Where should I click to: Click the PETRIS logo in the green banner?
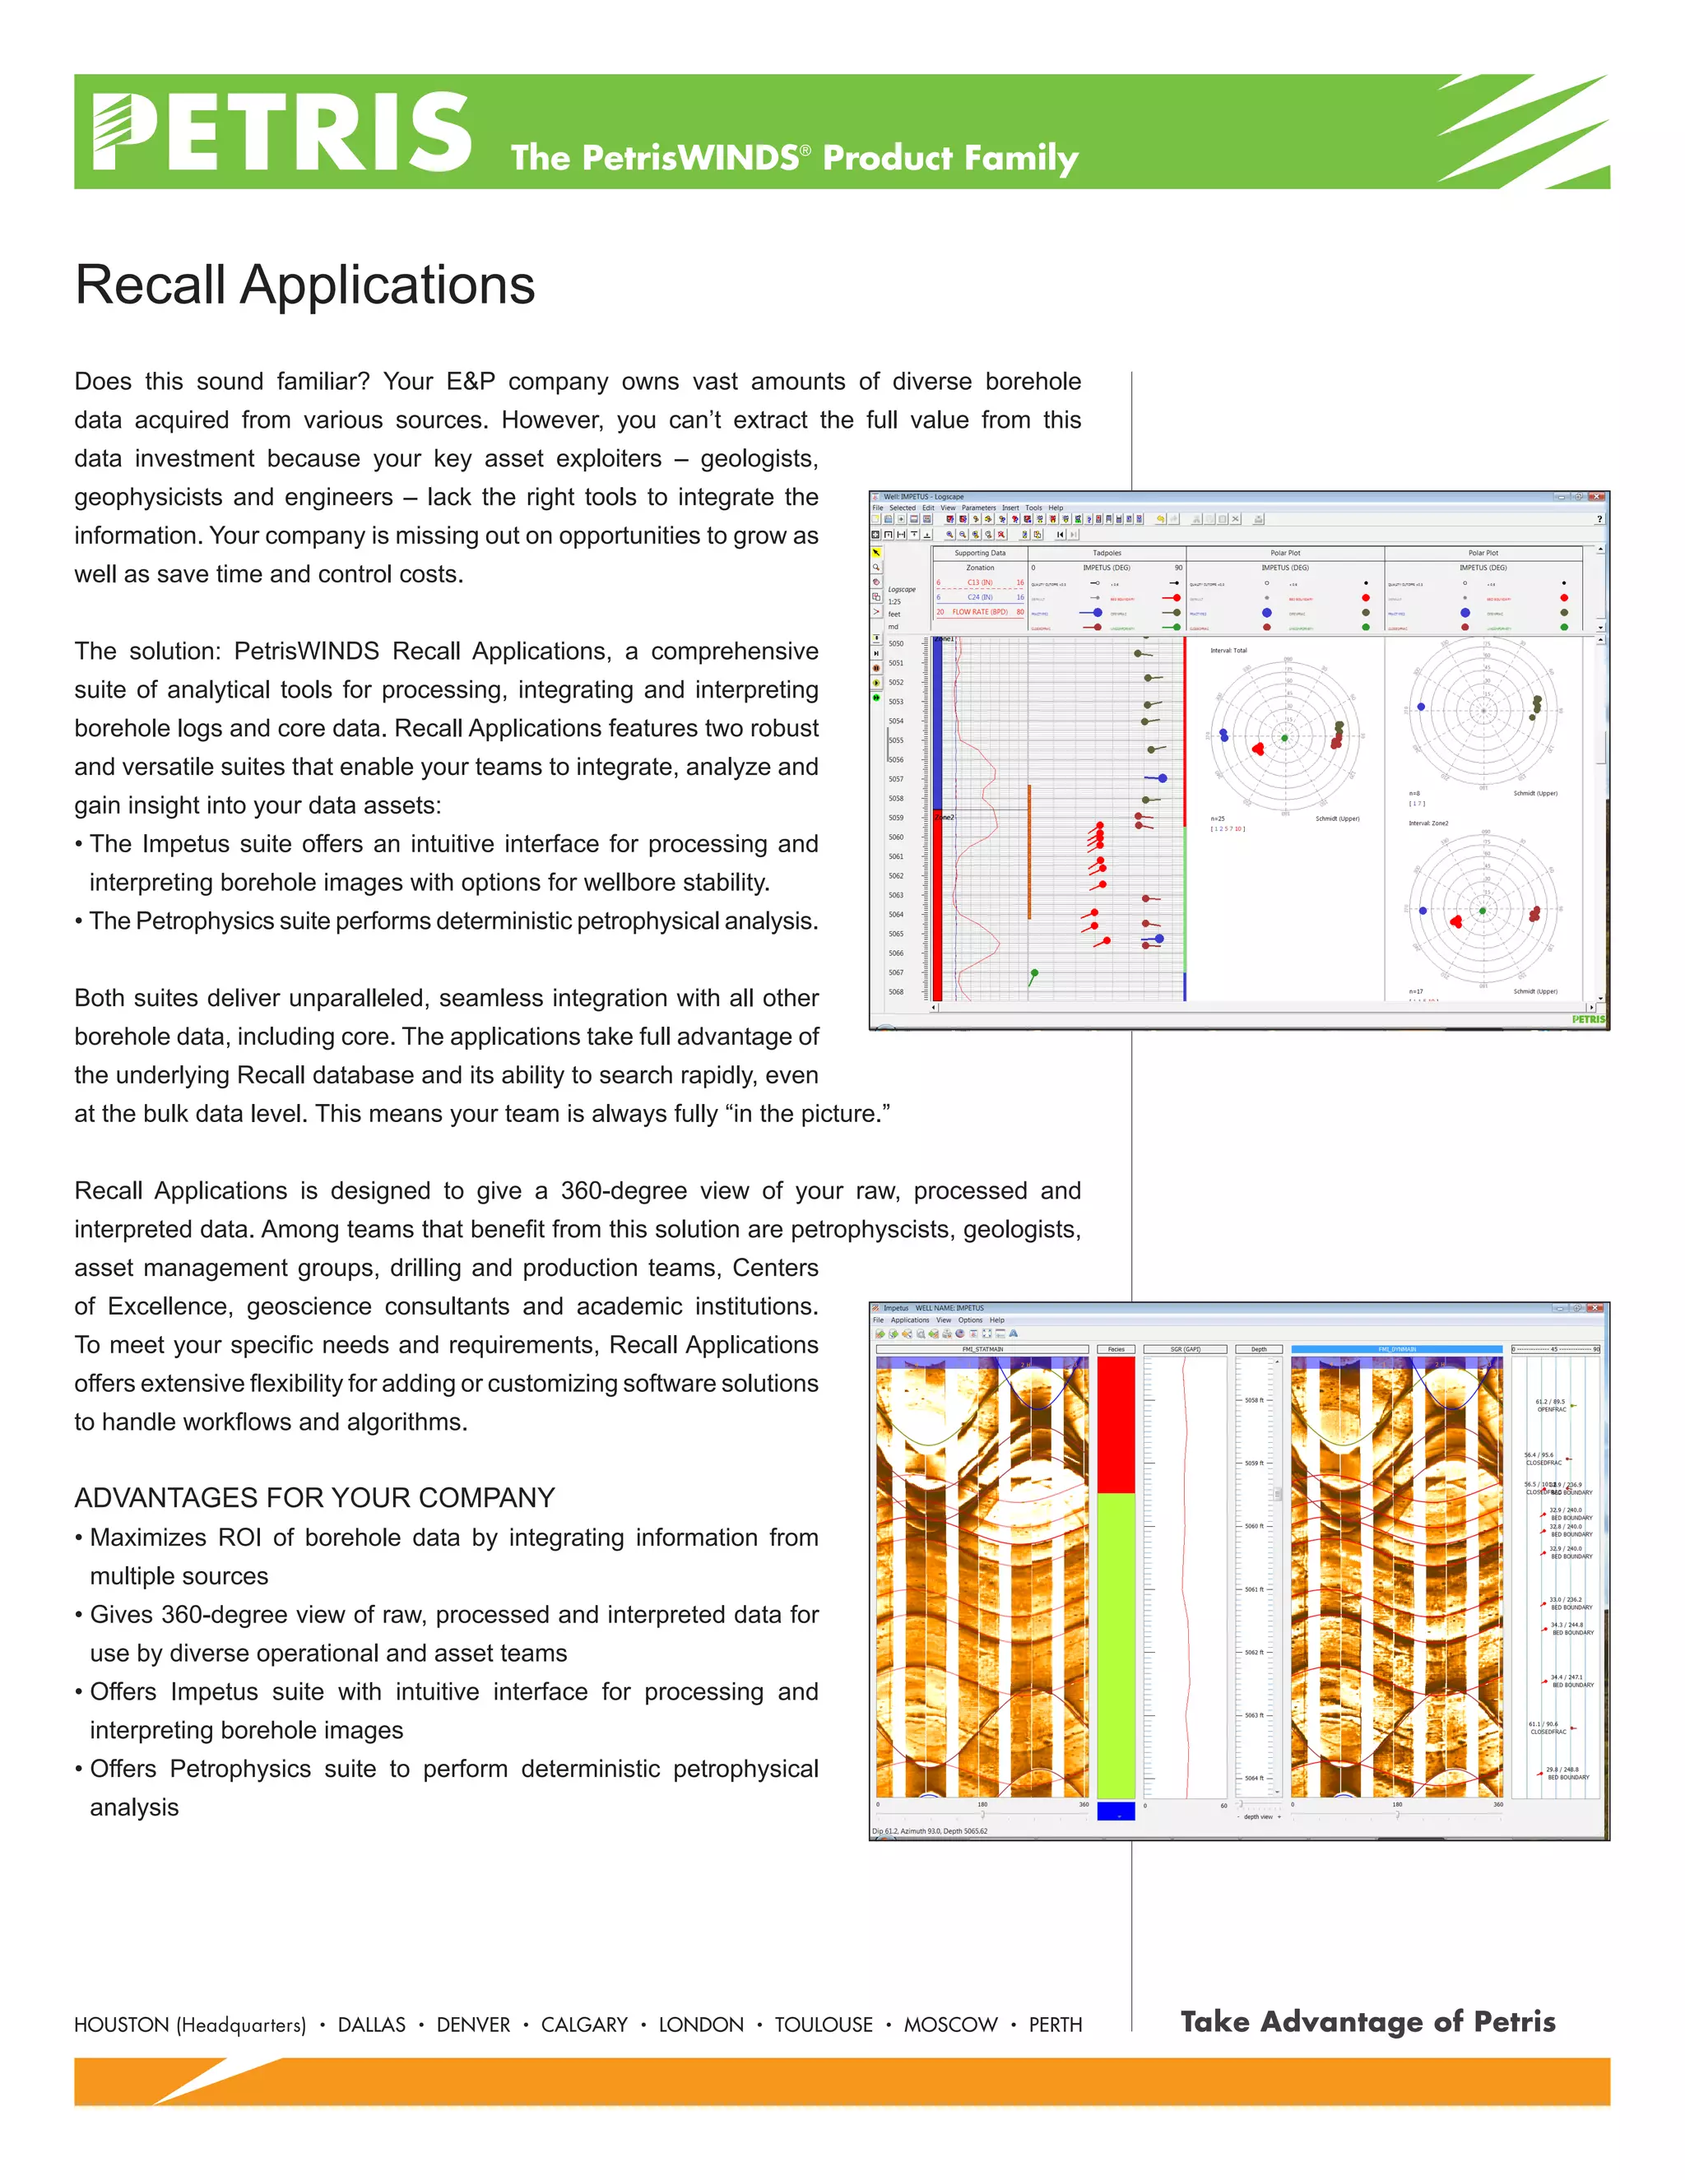(282, 132)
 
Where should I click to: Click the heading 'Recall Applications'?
(304, 285)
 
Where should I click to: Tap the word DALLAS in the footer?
(371, 2025)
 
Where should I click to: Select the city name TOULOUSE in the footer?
(824, 2025)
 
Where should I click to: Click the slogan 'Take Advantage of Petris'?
(1367, 2021)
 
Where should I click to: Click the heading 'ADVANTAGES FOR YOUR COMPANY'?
(314, 1497)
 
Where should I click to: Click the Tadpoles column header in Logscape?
(1106, 553)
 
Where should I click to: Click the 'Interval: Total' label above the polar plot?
(1229, 651)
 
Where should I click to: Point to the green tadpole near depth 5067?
(1034, 973)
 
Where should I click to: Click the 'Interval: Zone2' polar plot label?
(1427, 823)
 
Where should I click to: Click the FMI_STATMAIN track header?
(982, 1349)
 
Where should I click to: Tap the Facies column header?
(1116, 1349)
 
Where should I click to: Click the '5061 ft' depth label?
(1254, 1589)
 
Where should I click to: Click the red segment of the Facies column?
(1116, 1422)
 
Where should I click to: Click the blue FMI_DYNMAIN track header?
(1396, 1349)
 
